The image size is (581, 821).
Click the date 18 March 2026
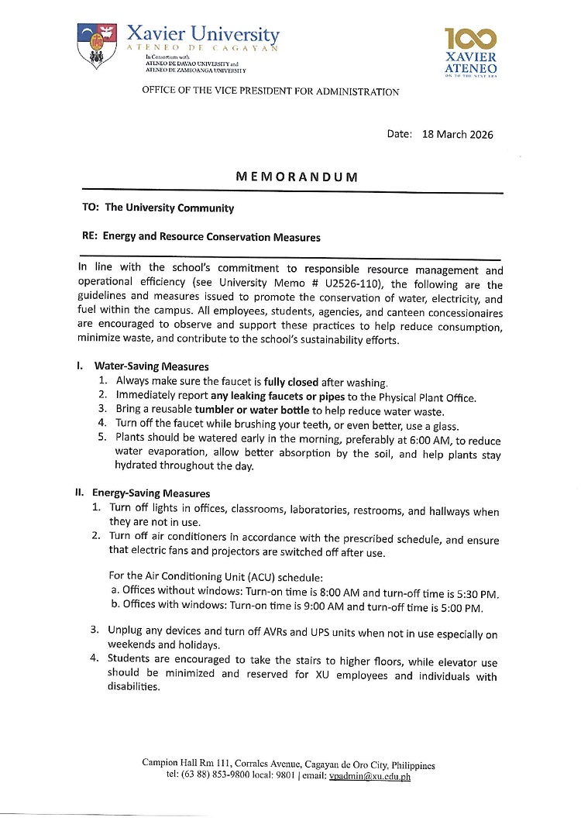click(x=458, y=134)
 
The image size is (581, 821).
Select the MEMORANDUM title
click(x=297, y=177)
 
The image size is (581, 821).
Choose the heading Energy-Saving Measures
click(x=151, y=493)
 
